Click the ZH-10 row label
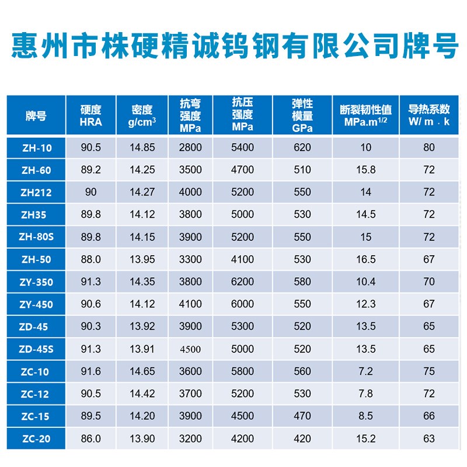pyautogui.click(x=36, y=148)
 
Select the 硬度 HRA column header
pyautogui.click(x=90, y=116)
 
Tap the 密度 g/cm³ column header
pyautogui.click(x=142, y=116)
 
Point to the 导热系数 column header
pyautogui.click(x=429, y=116)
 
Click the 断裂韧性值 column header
pyautogui.click(x=366, y=116)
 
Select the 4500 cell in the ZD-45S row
pyautogui.click(x=191, y=349)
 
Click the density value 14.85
pyautogui.click(x=142, y=148)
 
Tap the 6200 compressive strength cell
pyautogui.click(x=242, y=282)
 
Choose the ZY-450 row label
pyautogui.click(x=36, y=304)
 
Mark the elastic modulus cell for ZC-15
pyautogui.click(x=302, y=416)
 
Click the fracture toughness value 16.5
pyautogui.click(x=366, y=260)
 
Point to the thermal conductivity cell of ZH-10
pyautogui.click(x=429, y=148)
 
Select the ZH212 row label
pyautogui.click(x=36, y=192)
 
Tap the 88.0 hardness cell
pyautogui.click(x=90, y=260)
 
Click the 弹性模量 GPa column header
pyautogui.click(x=302, y=116)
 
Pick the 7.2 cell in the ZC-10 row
pyautogui.click(x=366, y=371)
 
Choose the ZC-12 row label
pyautogui.click(x=36, y=394)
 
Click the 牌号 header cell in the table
pyautogui.click(x=36, y=116)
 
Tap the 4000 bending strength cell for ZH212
pyautogui.click(x=191, y=192)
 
